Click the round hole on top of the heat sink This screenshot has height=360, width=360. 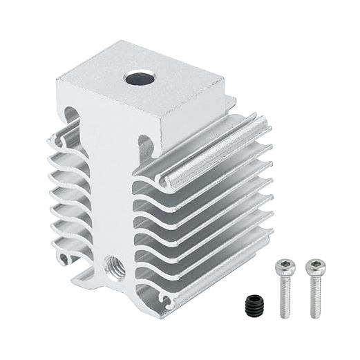(x=139, y=77)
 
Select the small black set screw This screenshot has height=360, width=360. (x=253, y=305)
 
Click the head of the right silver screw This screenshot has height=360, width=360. (x=314, y=267)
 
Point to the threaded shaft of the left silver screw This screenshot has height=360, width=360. (x=284, y=297)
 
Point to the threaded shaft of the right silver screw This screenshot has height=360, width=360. (x=314, y=297)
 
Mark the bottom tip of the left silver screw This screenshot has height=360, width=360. (x=284, y=316)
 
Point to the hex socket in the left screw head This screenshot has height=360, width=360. (x=283, y=264)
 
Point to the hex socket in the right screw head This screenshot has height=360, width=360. (x=314, y=264)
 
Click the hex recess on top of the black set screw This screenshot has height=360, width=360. (x=253, y=301)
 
